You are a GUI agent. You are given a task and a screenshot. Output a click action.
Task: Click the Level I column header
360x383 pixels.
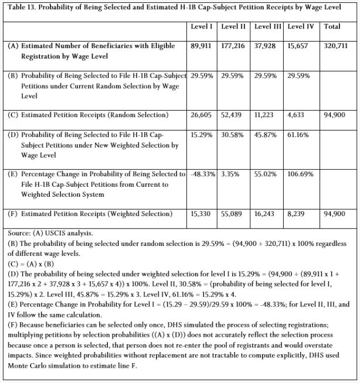click(201, 27)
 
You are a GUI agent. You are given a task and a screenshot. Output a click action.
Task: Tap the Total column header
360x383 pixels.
click(332, 27)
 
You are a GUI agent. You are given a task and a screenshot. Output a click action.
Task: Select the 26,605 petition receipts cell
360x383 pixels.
click(202, 115)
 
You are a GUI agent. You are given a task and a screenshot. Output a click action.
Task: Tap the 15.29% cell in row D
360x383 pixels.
click(201, 136)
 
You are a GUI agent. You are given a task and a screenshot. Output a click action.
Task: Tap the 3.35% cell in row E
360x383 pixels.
click(233, 174)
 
